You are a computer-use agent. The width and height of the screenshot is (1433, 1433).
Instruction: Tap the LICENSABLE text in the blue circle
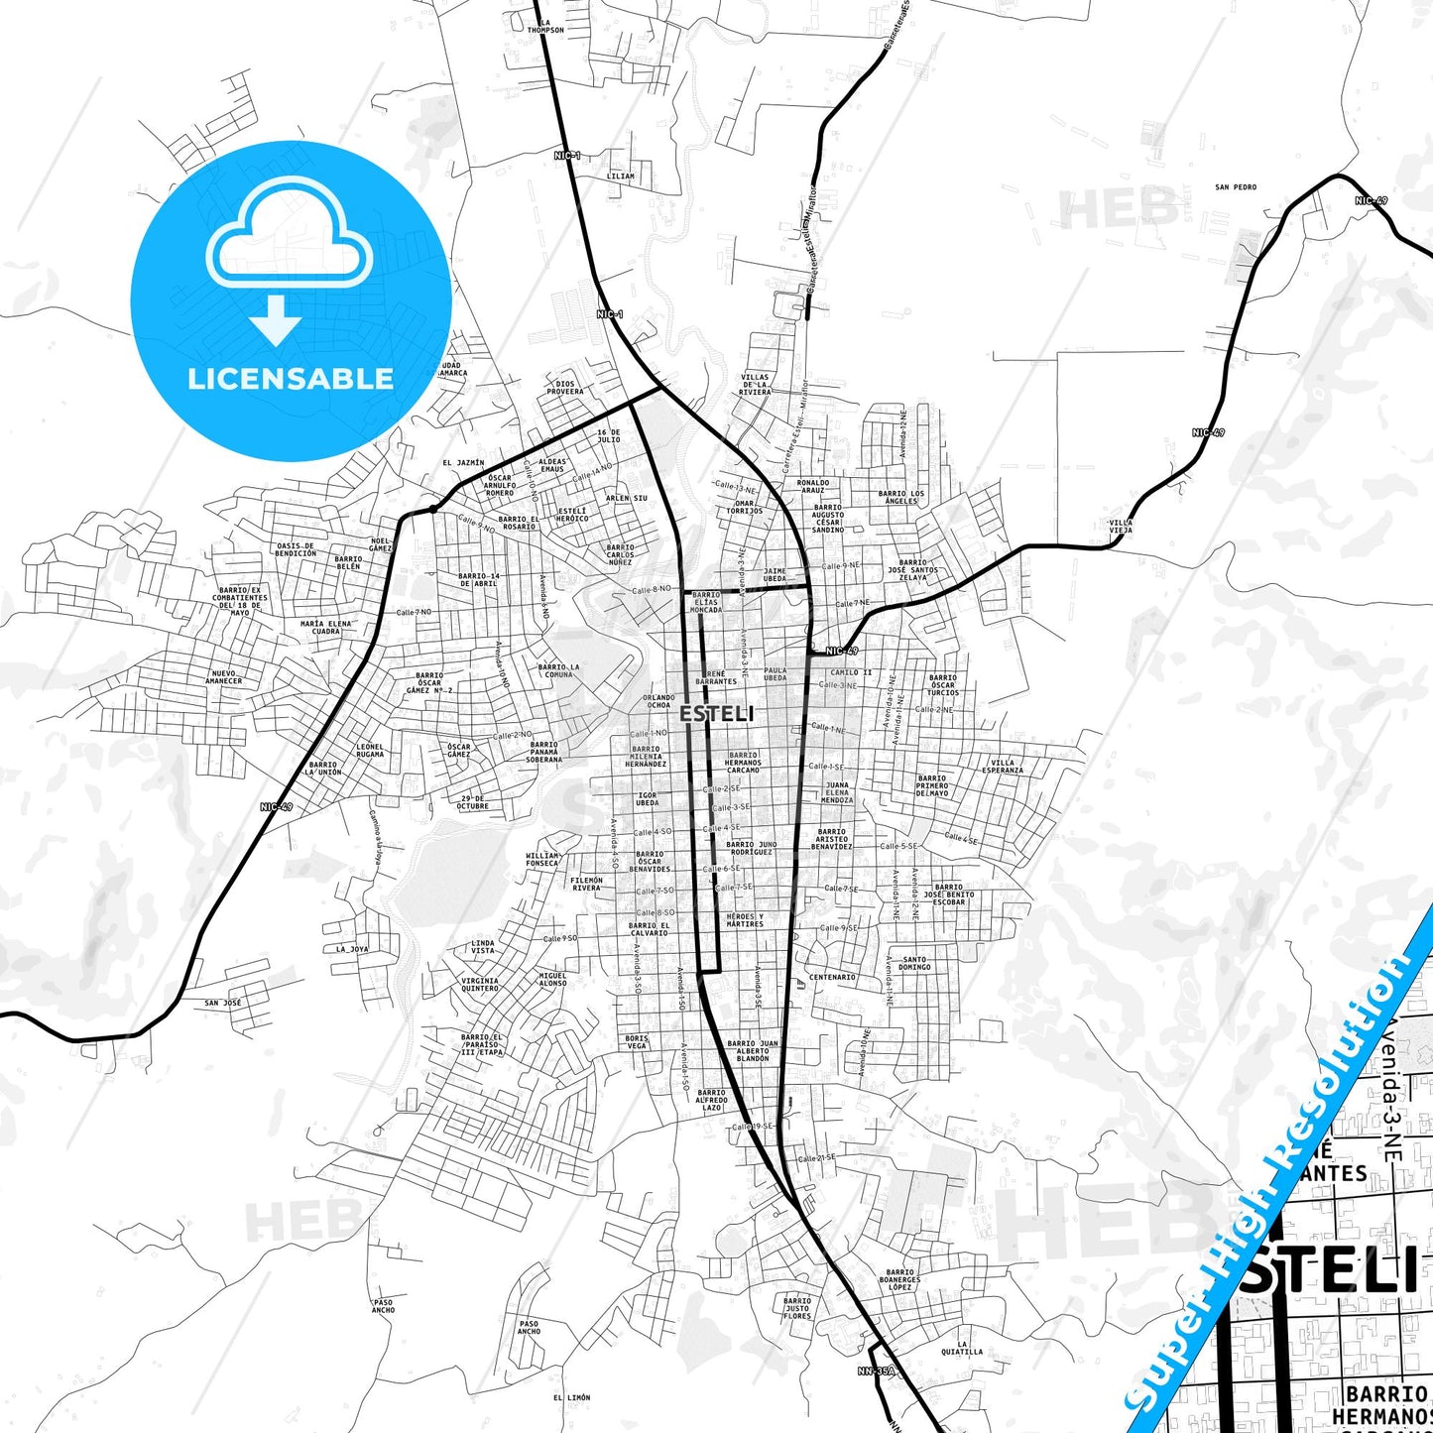point(291,379)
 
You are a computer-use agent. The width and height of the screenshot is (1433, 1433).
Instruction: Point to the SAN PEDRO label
point(1236,186)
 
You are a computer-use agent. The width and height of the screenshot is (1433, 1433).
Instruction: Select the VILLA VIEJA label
point(1120,527)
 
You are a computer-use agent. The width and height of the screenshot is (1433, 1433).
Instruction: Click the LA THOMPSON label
point(545,27)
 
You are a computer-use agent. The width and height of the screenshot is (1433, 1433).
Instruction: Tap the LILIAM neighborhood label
point(620,177)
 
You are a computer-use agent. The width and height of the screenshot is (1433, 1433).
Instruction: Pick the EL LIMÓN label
point(571,1397)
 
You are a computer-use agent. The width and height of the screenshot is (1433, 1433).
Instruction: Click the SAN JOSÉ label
point(223,1003)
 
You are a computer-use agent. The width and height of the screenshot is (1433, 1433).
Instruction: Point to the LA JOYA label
point(352,949)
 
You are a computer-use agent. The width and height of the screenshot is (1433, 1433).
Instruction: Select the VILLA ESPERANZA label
point(1003,767)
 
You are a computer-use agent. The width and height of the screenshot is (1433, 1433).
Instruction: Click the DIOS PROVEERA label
point(565,388)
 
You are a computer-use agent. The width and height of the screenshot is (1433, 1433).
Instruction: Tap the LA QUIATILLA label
point(962,1348)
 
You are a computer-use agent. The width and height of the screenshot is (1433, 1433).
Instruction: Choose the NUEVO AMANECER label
point(223,677)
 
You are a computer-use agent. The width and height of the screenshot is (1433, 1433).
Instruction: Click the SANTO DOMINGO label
point(914,963)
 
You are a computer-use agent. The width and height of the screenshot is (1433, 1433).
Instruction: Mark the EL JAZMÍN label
point(463,462)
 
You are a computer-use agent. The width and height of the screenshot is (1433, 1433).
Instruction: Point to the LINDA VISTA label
point(482,947)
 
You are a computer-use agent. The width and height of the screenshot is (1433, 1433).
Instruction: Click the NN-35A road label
point(876,1372)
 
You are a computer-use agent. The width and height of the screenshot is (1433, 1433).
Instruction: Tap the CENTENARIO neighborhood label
point(832,977)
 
